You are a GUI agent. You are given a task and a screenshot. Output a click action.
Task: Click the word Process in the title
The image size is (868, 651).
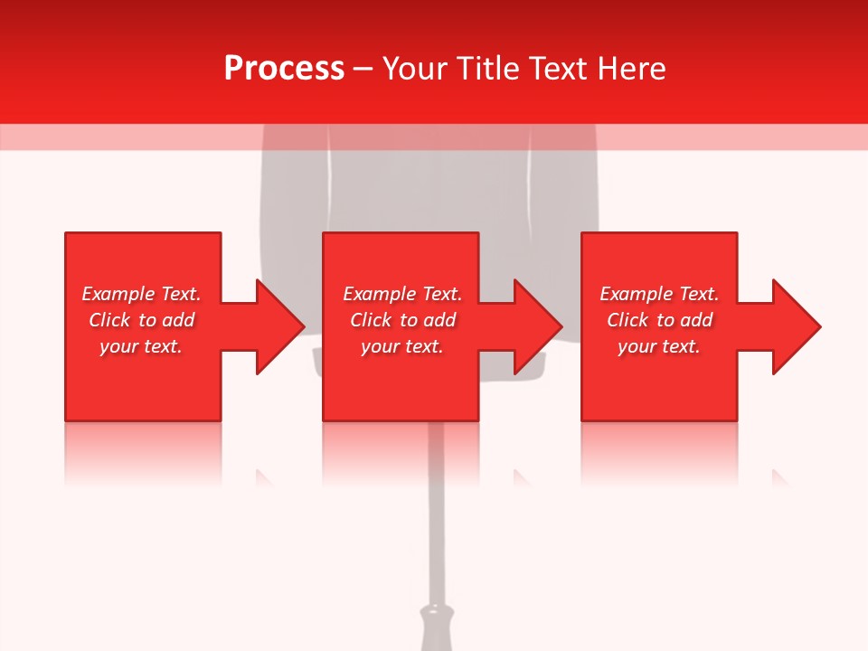284,69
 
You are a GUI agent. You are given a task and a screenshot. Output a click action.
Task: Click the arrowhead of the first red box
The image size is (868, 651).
280,326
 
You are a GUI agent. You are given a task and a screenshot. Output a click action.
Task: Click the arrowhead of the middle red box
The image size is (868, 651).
539,326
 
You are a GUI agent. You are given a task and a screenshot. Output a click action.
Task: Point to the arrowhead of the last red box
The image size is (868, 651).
797,326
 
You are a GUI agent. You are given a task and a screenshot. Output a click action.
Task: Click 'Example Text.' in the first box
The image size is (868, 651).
141,294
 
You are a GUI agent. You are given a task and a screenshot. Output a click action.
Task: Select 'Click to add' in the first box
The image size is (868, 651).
141,320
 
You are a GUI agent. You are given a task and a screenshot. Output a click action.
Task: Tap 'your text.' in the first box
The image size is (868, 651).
141,346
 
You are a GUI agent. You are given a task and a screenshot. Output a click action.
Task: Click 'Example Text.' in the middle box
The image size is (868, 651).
402,294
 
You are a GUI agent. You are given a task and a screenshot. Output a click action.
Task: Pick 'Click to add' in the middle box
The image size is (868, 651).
402,320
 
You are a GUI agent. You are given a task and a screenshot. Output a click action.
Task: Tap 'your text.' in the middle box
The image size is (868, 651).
402,346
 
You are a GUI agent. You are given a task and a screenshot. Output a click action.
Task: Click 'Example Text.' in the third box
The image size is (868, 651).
659,294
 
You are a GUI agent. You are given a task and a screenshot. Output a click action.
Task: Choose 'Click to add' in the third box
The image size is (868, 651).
659,320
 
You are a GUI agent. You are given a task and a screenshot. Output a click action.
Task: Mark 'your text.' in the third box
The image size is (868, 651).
659,346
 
